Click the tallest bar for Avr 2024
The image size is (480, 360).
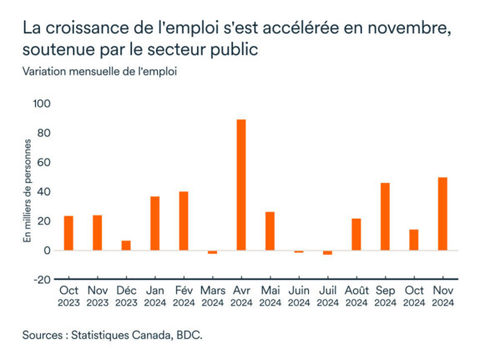(x=241, y=185)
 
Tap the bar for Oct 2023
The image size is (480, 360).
(x=68, y=233)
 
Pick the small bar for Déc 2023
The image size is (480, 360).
(x=126, y=246)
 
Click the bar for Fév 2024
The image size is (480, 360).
(x=184, y=221)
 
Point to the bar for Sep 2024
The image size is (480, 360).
(x=385, y=216)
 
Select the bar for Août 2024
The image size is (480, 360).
(x=356, y=234)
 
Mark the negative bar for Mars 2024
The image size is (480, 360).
(x=213, y=252)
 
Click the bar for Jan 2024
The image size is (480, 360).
(x=155, y=223)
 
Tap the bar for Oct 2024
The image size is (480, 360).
(x=414, y=240)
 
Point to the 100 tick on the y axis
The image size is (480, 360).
(x=42, y=104)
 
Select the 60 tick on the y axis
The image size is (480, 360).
(x=44, y=162)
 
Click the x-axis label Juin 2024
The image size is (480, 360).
(x=299, y=296)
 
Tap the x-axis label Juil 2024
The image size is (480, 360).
(x=327, y=296)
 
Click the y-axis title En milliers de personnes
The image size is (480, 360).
(x=28, y=190)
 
